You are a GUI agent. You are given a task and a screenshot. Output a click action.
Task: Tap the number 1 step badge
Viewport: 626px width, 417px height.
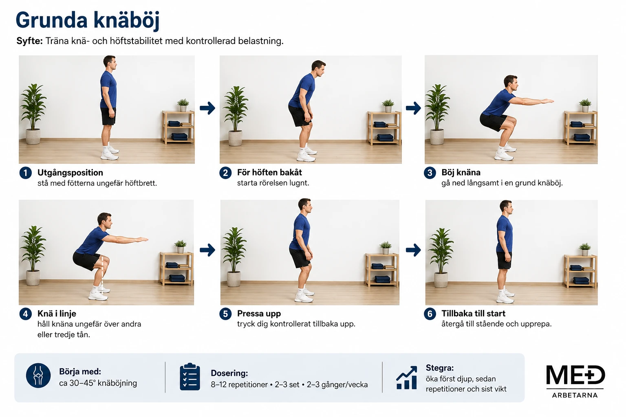25,173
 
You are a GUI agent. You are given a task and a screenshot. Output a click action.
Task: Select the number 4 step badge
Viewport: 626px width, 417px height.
25,314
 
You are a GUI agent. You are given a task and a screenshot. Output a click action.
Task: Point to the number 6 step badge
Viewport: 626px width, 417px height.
430,314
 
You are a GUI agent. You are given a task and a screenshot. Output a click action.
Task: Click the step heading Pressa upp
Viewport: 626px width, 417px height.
259,314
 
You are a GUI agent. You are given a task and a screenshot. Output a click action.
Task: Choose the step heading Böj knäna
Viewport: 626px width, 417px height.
461,172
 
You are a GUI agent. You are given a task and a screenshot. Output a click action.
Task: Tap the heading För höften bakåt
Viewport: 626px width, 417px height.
269,172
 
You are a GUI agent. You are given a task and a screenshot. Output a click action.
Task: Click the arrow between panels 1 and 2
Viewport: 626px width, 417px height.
207,108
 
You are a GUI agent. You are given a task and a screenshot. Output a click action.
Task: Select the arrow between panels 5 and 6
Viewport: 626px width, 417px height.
413,250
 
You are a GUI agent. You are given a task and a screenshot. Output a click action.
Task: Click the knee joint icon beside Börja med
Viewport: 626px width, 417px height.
38,375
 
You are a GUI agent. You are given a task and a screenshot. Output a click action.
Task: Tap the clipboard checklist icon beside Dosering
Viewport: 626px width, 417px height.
190,377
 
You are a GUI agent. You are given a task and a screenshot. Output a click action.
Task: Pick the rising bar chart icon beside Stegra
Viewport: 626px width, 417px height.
407,377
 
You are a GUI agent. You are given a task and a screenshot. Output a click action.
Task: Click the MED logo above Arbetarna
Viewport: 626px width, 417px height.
575,375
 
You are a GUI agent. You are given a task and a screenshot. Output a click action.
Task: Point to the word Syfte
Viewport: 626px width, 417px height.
30,41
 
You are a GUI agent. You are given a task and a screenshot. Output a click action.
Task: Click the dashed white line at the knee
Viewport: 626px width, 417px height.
102,275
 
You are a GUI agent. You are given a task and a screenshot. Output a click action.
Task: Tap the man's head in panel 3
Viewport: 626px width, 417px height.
511,82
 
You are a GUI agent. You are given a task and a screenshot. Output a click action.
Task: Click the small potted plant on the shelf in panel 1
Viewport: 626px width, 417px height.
183,105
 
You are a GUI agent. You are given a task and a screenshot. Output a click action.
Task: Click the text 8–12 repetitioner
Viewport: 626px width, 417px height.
239,384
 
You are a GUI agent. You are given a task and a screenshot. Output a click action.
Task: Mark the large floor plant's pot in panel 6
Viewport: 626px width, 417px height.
441,280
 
